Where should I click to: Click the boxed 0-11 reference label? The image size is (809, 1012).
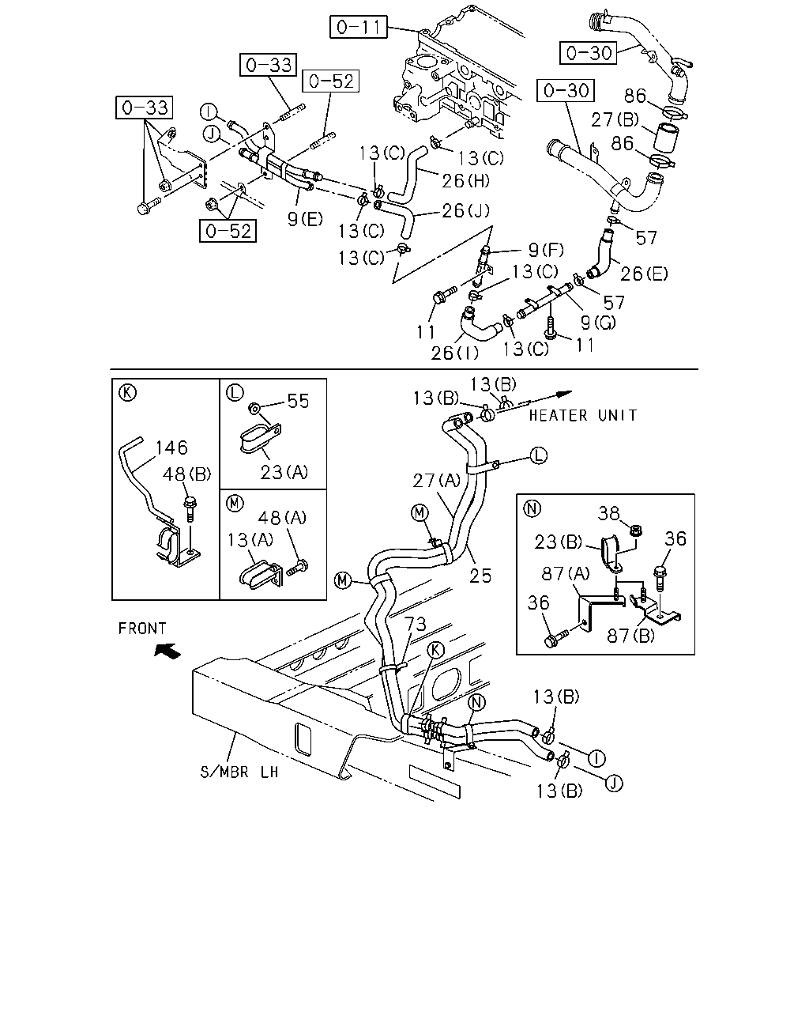(358, 27)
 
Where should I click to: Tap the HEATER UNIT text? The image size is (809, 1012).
(583, 416)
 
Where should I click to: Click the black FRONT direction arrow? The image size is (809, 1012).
(167, 651)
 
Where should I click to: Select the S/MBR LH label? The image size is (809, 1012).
(239, 772)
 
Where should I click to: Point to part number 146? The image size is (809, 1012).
(171, 447)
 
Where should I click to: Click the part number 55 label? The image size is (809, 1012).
(298, 401)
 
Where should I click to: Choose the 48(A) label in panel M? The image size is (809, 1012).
(282, 518)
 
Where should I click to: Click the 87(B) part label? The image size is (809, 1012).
(630, 636)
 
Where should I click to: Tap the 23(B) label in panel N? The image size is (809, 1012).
(558, 542)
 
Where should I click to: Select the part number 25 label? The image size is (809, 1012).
(480, 576)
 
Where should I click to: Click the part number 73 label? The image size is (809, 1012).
(416, 624)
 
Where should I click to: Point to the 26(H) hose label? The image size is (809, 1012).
(465, 180)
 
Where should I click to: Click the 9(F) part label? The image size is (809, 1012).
(546, 250)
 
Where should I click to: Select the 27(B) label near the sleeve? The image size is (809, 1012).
(615, 120)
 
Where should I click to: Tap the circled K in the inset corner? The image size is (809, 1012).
(128, 392)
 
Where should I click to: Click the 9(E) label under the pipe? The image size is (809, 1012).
(305, 219)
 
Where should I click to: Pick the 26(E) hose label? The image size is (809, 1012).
(644, 274)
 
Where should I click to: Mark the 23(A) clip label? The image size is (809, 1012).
(284, 472)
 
